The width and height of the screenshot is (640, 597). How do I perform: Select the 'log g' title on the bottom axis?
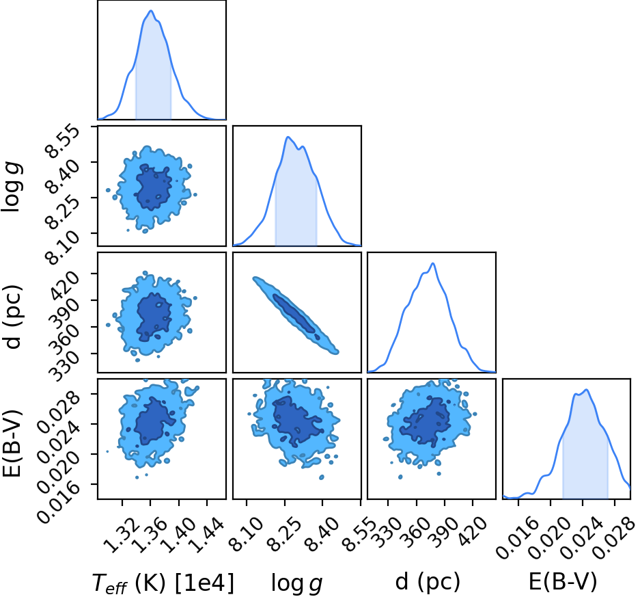(x=297, y=583)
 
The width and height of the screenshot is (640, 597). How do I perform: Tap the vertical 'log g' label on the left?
(x=12, y=187)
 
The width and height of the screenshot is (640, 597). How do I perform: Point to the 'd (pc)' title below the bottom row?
(x=428, y=581)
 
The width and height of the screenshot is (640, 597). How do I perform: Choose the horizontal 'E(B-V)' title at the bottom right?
(x=563, y=581)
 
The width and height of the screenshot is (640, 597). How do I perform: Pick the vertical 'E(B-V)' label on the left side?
(x=12, y=443)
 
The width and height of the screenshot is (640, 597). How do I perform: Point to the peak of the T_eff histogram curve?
(x=151, y=11)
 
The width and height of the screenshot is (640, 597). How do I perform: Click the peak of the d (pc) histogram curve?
(x=432, y=263)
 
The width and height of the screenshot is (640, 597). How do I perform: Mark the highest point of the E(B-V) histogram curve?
(x=587, y=389)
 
